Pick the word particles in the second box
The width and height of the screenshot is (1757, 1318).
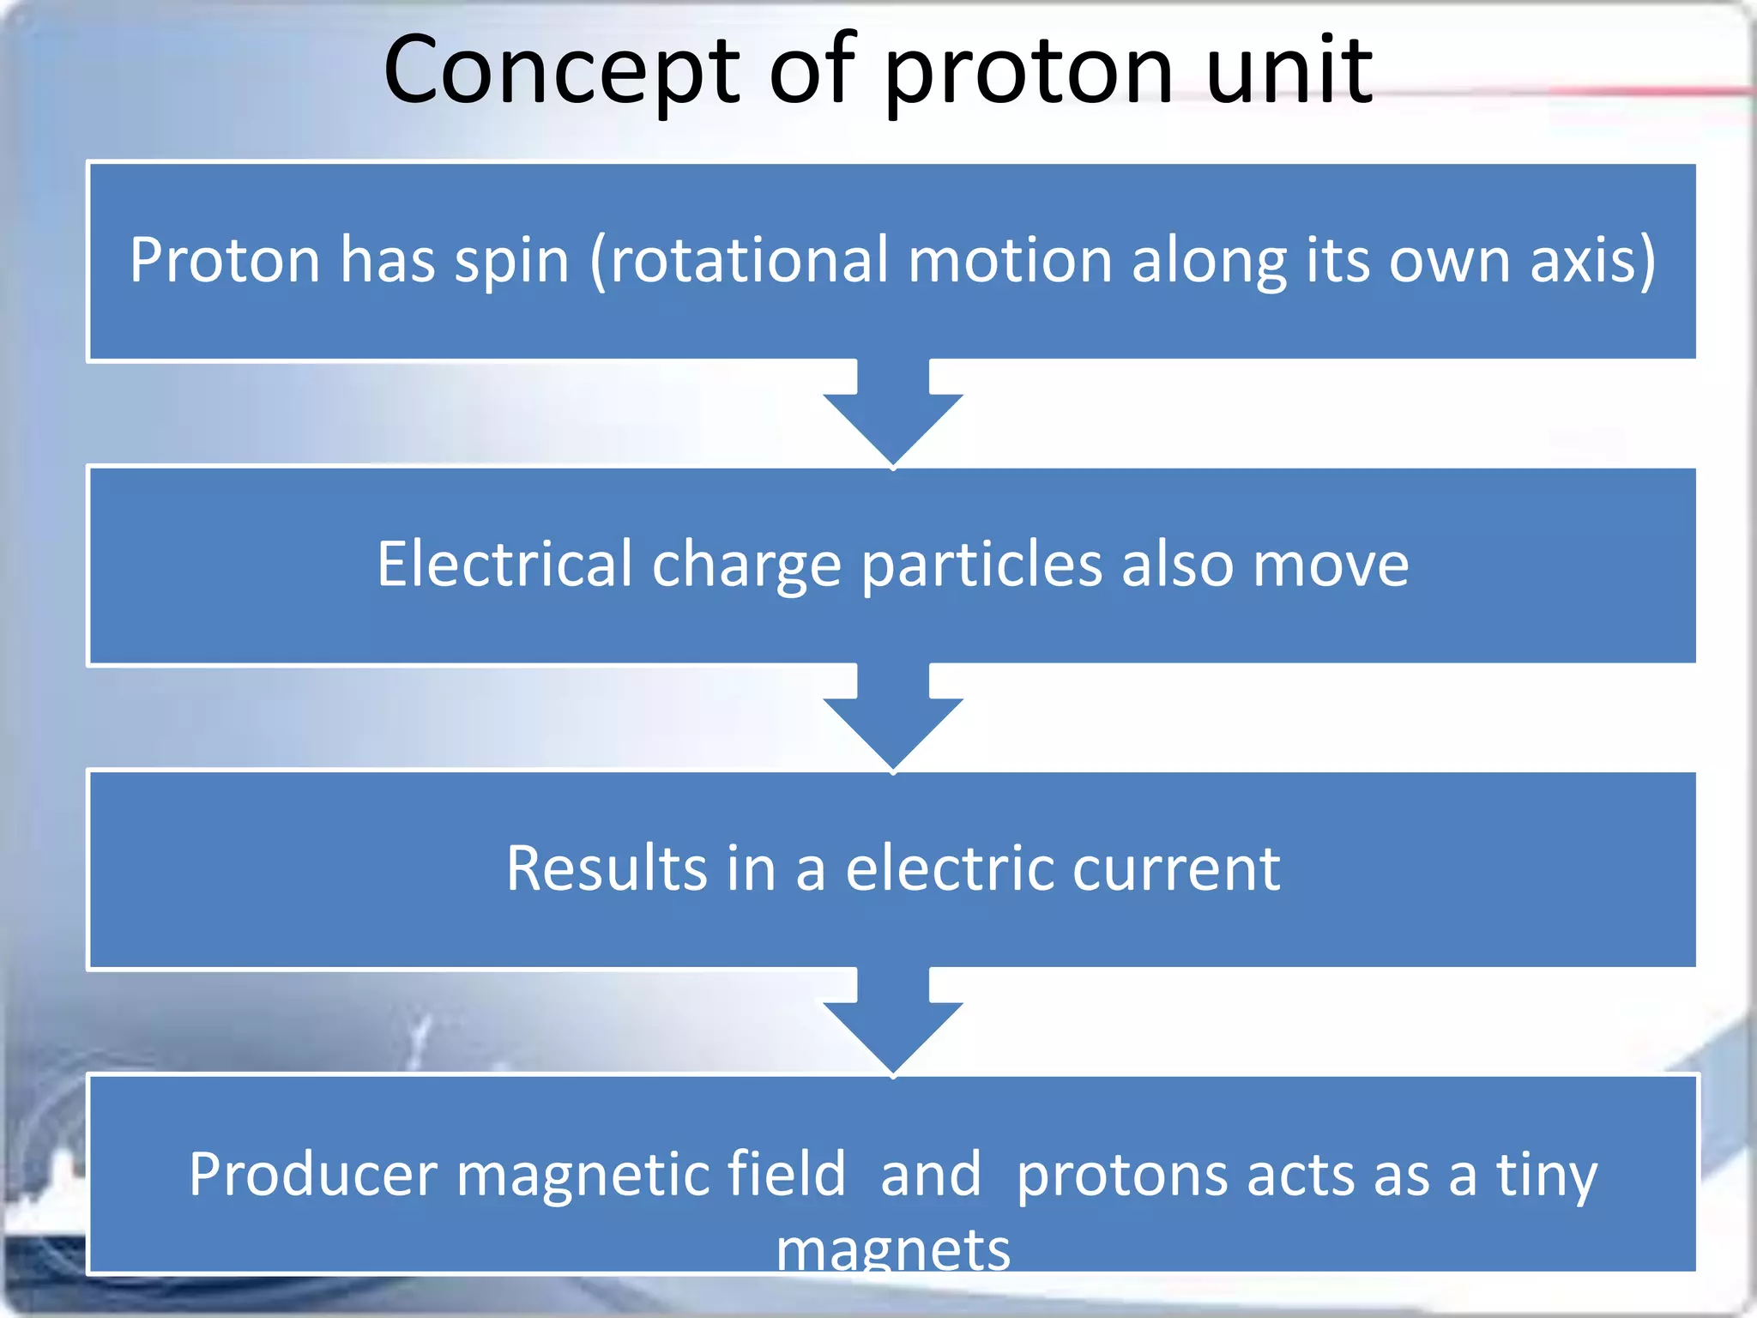click(x=981, y=564)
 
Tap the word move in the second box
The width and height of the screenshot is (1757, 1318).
click(x=1331, y=564)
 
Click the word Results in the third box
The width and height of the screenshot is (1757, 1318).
click(x=605, y=868)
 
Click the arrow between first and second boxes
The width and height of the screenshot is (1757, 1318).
click(x=893, y=416)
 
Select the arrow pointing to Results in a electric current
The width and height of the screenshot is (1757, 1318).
click(x=893, y=721)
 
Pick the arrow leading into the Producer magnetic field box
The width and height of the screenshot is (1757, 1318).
click(x=893, y=1025)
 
